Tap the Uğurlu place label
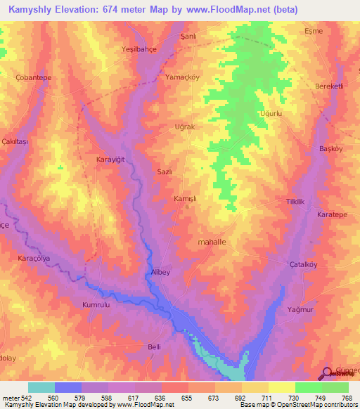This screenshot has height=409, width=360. click(x=270, y=113)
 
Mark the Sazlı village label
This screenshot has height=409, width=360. click(x=163, y=171)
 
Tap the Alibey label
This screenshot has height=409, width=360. click(x=162, y=271)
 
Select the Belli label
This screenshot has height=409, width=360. click(x=155, y=346)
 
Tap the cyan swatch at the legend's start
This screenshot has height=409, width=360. click(x=41, y=387)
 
